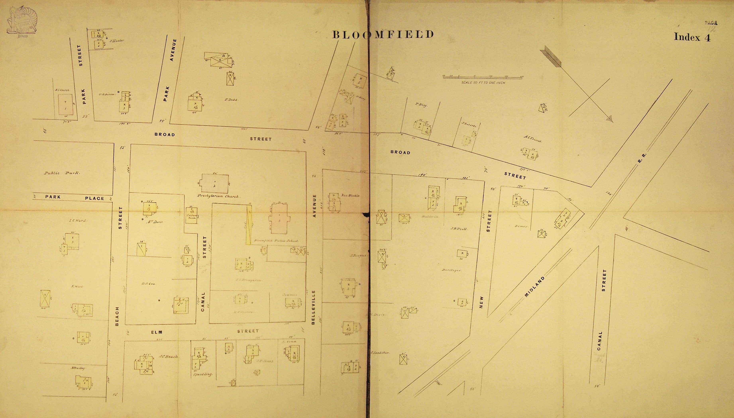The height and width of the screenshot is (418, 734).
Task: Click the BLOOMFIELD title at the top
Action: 383,35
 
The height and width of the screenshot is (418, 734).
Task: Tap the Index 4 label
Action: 692,37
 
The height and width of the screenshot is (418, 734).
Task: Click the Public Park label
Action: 62,173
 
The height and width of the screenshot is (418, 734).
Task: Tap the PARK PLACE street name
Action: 74,197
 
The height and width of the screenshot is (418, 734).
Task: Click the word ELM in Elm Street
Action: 157,332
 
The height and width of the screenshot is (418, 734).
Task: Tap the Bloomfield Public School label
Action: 276,241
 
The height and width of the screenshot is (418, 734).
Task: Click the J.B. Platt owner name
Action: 459,229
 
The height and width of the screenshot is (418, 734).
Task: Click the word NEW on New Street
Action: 482,302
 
